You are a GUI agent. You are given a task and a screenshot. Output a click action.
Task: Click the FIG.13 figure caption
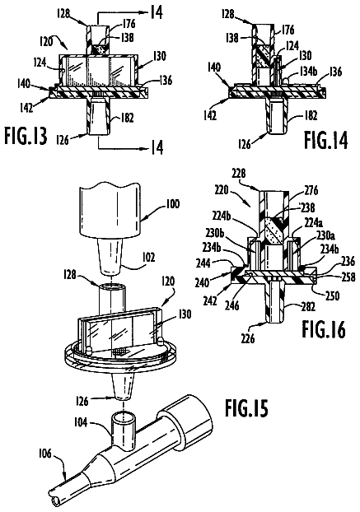coord(26,136)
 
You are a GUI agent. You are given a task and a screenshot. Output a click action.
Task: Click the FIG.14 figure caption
coord(325,140)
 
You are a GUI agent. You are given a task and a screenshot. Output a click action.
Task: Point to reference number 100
coord(172,204)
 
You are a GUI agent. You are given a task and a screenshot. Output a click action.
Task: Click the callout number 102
coord(148,258)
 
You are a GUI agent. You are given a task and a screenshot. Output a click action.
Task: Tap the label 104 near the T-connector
coord(81,422)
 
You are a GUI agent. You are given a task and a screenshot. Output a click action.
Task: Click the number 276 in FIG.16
coord(311,190)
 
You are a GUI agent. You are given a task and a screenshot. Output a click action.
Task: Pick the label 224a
coord(313,223)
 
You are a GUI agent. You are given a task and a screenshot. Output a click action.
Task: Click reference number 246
coord(232,305)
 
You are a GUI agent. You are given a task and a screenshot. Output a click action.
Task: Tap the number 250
coord(333,296)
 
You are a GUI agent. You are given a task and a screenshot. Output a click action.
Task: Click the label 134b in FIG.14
coord(308,72)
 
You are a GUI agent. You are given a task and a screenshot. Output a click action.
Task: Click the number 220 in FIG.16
coord(222,189)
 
